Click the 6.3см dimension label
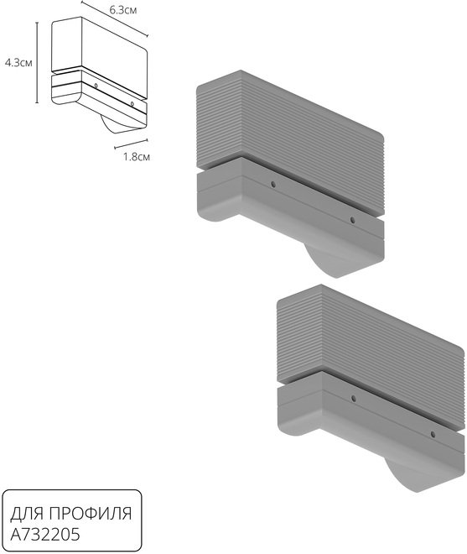point(123,10)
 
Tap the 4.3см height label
point(18,63)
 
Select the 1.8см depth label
point(137,156)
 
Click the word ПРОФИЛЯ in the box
point(90,514)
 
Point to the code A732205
point(45,535)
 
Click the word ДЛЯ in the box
point(28,514)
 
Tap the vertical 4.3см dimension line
point(37,62)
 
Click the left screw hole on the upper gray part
point(272,184)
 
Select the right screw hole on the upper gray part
point(352,220)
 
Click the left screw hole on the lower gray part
point(354,399)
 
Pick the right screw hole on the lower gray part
point(433,434)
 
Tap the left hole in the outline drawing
point(96,86)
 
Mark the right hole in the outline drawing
point(132,103)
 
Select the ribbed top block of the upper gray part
point(290,141)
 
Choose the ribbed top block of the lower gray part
point(371,356)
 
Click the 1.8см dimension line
point(132,144)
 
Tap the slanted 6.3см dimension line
point(115,18)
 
